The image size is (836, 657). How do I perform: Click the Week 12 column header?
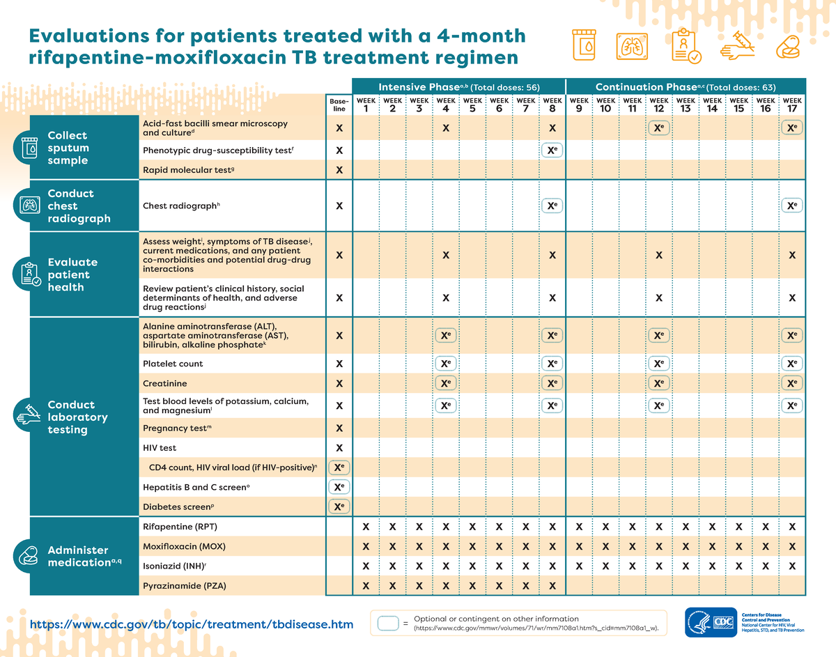[658, 105]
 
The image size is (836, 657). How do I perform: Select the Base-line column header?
[339, 105]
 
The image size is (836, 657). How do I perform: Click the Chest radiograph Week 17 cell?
[791, 206]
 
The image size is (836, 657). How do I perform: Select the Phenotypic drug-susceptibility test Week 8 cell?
[552, 150]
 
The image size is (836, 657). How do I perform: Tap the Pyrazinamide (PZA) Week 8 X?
[552, 585]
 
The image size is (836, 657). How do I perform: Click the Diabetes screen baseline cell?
[339, 507]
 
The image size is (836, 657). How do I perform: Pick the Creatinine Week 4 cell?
[445, 384]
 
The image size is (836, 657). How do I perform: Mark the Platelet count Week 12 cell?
[658, 364]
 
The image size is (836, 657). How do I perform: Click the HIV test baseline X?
[339, 447]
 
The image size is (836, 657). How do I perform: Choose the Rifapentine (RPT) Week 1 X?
[366, 526]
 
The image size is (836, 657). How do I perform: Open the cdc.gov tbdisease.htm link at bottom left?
[191, 624]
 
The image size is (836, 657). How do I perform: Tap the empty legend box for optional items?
[387, 624]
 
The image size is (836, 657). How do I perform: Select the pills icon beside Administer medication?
[29, 556]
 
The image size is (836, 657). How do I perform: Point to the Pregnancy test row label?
[177, 428]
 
